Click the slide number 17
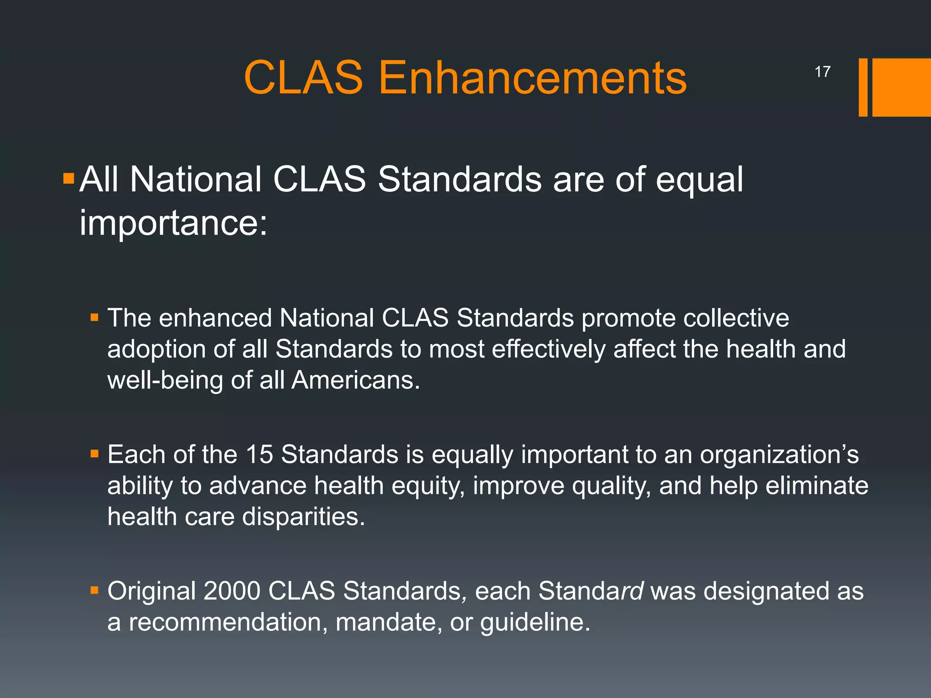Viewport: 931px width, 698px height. pyautogui.click(x=822, y=72)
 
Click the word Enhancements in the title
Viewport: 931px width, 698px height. pyautogui.click(x=532, y=78)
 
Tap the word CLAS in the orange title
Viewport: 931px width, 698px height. pyautogui.click(x=303, y=78)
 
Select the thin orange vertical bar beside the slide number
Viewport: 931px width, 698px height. pyautogui.click(x=863, y=87)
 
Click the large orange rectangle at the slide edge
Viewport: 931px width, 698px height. pyautogui.click(x=901, y=87)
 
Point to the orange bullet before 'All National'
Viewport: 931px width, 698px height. pyautogui.click(x=69, y=178)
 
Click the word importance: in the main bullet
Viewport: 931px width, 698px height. pyautogui.click(x=174, y=223)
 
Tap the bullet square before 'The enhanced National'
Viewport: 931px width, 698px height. pyautogui.click(x=95, y=317)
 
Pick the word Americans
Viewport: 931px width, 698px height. pyautogui.click(x=355, y=380)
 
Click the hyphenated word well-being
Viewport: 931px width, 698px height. pyautogui.click(x=165, y=380)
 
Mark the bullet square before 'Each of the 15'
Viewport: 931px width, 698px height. pyautogui.click(x=95, y=454)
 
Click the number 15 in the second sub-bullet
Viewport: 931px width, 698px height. pyautogui.click(x=259, y=454)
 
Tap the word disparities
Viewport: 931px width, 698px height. pyautogui.click(x=303, y=517)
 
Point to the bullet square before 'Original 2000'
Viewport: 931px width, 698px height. pyautogui.click(x=95, y=590)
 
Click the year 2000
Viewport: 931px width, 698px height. pyautogui.click(x=231, y=591)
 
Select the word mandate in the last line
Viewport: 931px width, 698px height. pyautogui.click(x=389, y=622)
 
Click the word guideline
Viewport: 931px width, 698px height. pyautogui.click(x=535, y=622)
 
